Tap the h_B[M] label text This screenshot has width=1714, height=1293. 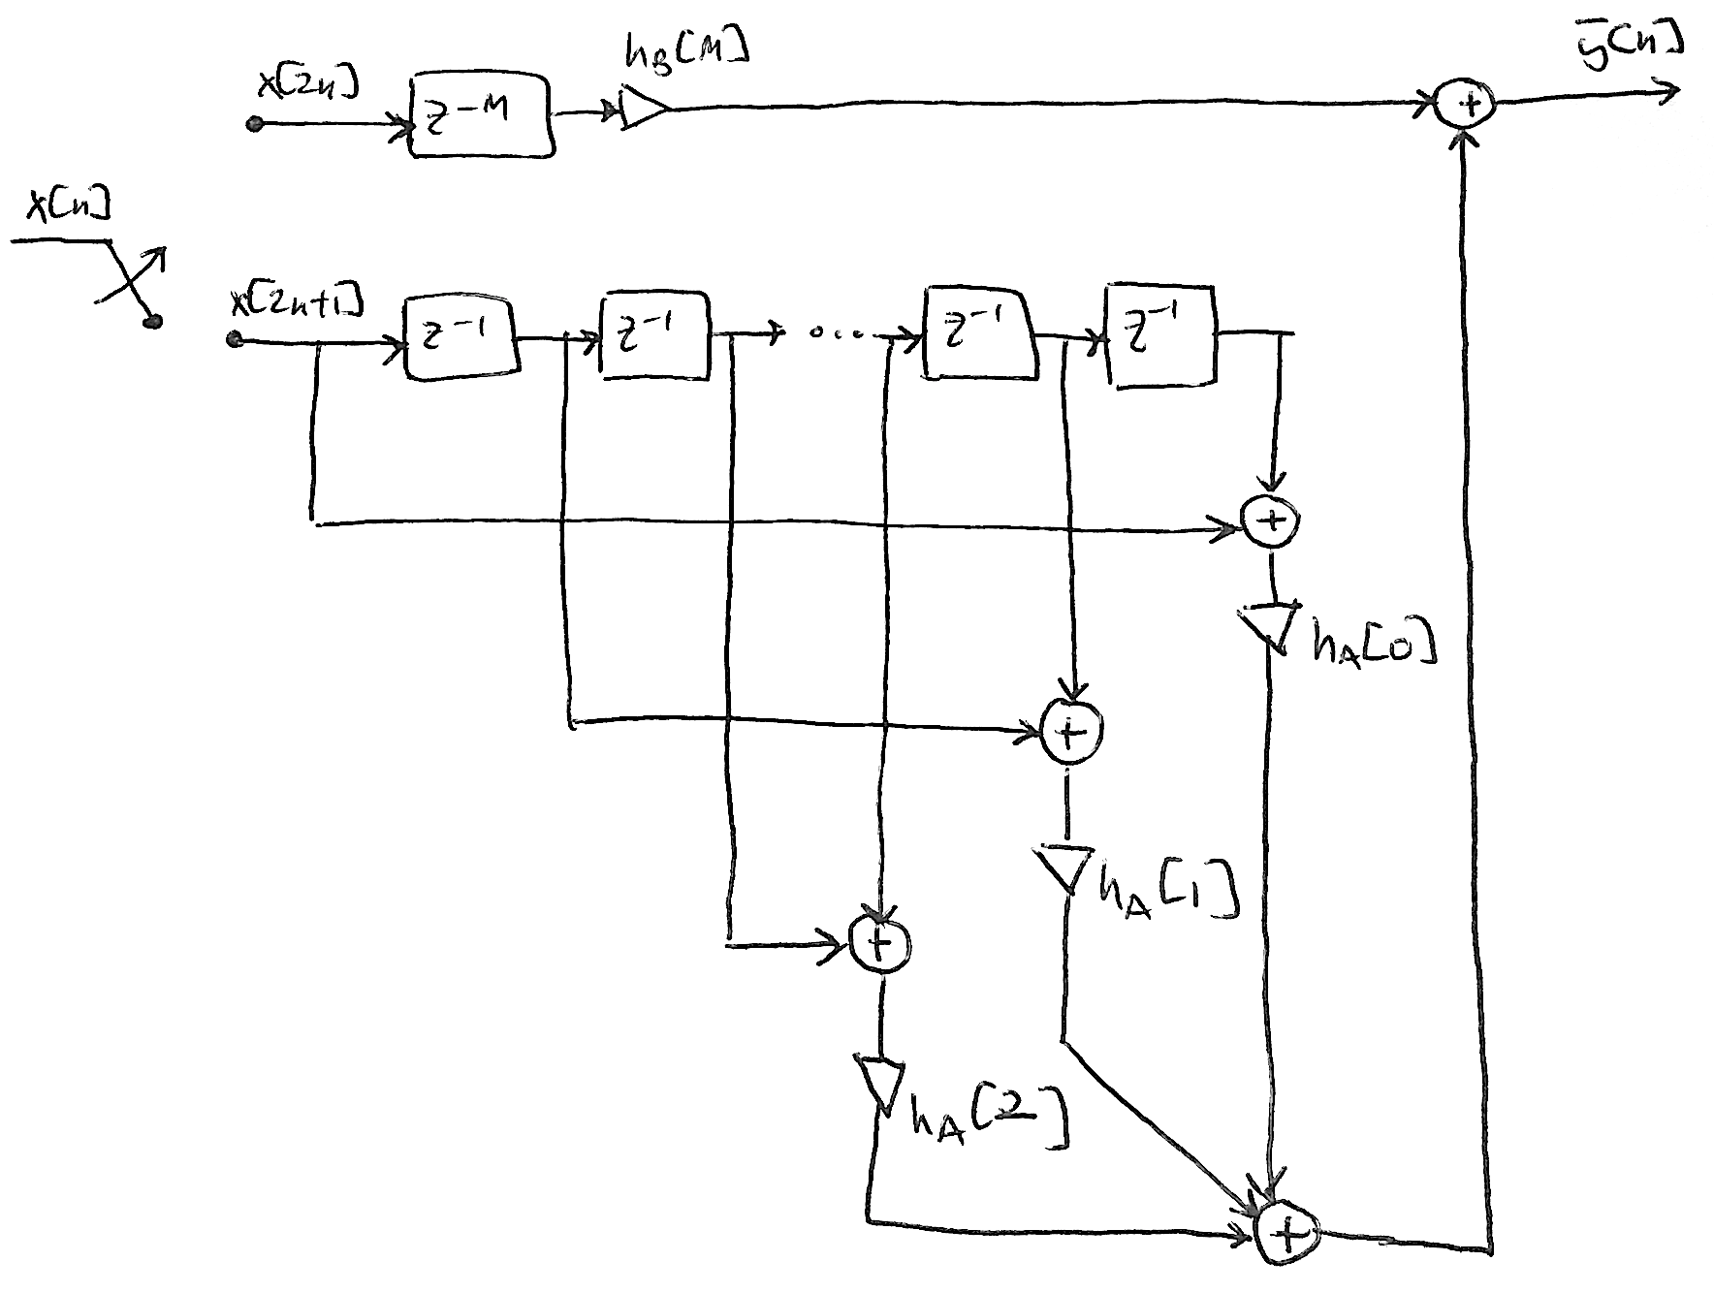[x=686, y=67]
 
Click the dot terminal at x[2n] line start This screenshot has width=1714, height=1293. [x=255, y=124]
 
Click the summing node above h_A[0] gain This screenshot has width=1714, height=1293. [x=1271, y=520]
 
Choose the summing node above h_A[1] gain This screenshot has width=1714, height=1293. [x=1070, y=734]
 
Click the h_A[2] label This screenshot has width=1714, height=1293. [x=988, y=1120]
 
